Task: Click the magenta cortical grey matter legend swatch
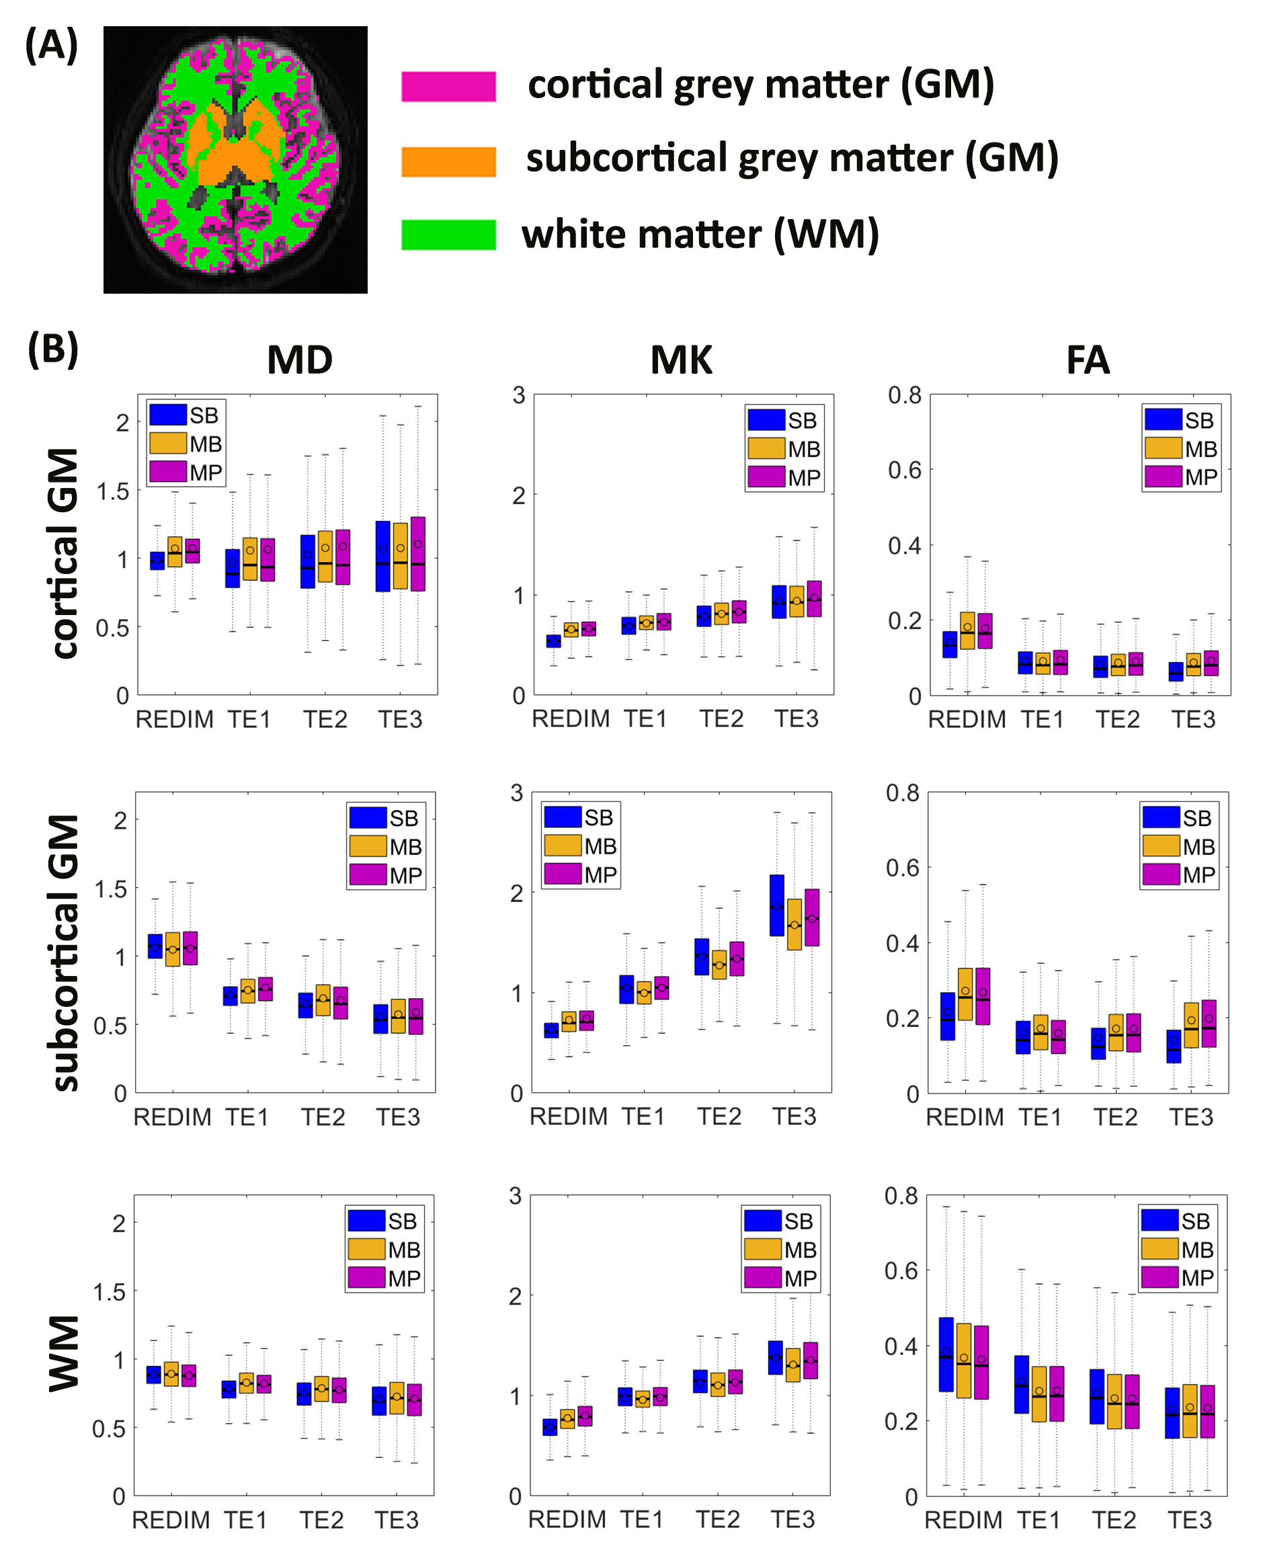coord(448,87)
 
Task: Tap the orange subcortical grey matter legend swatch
coord(448,161)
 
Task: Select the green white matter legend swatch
coord(448,235)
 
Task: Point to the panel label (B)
coord(52,350)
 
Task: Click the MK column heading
coord(681,360)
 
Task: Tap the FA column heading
coord(1088,360)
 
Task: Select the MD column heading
coord(300,360)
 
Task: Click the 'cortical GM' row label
coord(65,553)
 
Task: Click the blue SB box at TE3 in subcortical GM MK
coord(777,905)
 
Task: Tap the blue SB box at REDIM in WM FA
coord(946,1354)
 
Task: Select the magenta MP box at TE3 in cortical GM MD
coord(417,554)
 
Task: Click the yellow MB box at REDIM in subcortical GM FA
coord(965,993)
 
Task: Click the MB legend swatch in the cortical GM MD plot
coord(167,443)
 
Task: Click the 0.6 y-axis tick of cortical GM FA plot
coord(904,471)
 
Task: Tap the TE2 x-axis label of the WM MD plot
coord(321,1520)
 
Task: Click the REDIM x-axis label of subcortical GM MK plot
coord(568,1116)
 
